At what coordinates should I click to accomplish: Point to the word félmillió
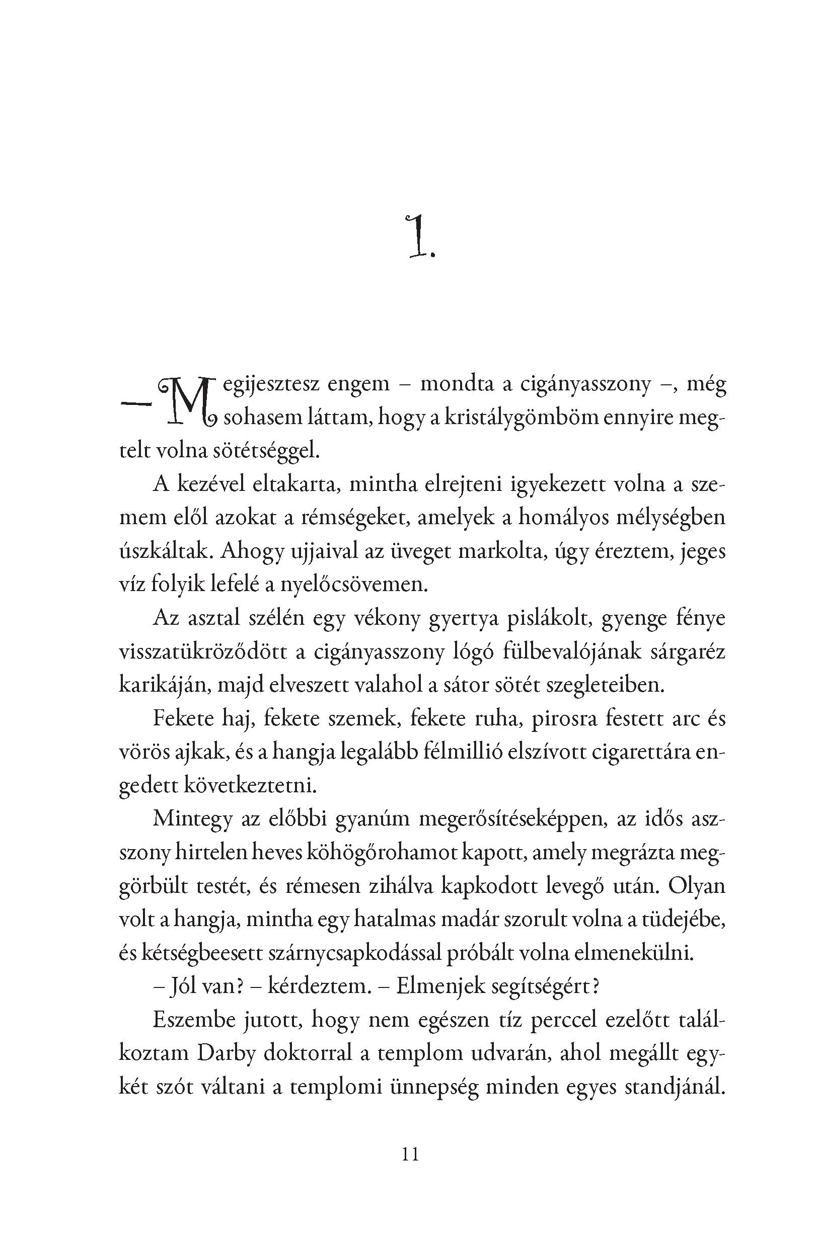pos(460,752)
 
